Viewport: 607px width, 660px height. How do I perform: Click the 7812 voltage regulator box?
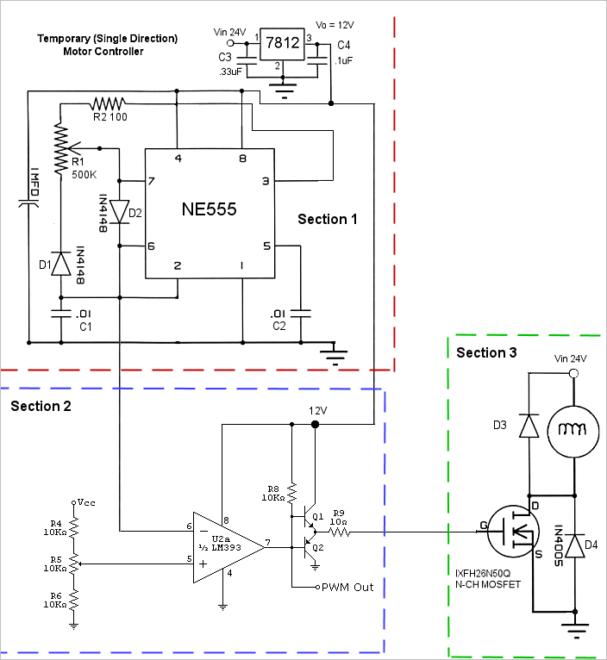(x=282, y=44)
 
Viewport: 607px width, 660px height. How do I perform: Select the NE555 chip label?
(x=209, y=209)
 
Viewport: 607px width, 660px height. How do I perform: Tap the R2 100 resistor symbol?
(x=108, y=103)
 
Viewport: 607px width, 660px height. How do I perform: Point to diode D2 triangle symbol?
(x=119, y=211)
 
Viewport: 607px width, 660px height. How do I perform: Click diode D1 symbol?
(x=61, y=264)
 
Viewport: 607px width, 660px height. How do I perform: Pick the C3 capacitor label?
(x=225, y=57)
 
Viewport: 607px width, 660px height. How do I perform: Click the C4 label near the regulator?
(x=344, y=45)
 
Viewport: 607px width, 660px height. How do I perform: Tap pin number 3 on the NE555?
(x=266, y=181)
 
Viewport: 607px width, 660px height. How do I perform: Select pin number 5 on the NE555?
(x=266, y=246)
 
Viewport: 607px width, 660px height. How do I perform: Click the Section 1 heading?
(x=328, y=220)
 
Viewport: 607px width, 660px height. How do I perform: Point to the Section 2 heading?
(x=41, y=406)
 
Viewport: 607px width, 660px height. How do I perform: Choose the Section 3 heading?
(x=486, y=352)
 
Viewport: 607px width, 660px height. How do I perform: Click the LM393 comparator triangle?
(x=228, y=548)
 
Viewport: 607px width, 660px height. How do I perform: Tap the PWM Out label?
(x=347, y=587)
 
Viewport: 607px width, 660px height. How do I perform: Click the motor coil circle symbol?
(x=573, y=432)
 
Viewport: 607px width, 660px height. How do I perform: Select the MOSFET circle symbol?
(x=513, y=532)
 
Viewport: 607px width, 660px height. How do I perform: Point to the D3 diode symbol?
(x=529, y=426)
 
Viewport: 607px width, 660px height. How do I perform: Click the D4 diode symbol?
(x=575, y=545)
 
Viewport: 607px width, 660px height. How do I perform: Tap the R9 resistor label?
(x=339, y=514)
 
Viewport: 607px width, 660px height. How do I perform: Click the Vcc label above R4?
(x=86, y=502)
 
